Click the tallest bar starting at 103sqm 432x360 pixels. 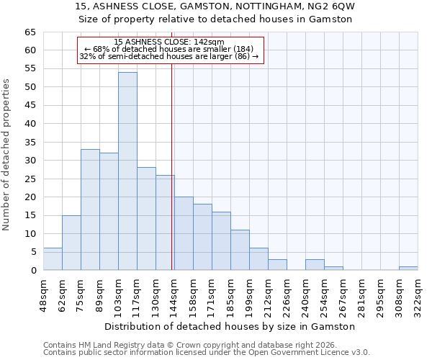[x=127, y=171]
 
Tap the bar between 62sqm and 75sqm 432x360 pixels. [x=71, y=243]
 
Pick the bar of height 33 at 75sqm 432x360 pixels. [x=90, y=210]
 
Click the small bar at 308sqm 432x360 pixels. [x=408, y=269]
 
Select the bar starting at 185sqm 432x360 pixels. [x=240, y=250]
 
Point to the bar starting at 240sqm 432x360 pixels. [x=315, y=265]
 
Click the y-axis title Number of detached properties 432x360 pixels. [x=6, y=155]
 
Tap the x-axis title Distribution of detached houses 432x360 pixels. [x=230, y=326]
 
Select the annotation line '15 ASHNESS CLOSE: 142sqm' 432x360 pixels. [x=169, y=42]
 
